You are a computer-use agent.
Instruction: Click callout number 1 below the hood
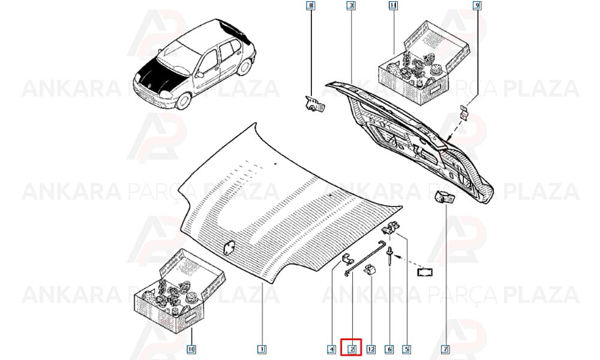click(262, 349)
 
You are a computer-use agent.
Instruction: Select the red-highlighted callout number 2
click(351, 349)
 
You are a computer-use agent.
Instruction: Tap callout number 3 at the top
click(351, 5)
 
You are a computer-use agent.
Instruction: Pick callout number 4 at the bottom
click(331, 349)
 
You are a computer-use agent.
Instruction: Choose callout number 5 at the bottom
click(406, 349)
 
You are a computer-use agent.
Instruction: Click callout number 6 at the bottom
click(389, 349)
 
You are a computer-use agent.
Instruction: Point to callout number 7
click(445, 349)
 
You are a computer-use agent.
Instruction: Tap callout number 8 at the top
click(311, 5)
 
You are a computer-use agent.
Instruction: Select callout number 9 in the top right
click(476, 5)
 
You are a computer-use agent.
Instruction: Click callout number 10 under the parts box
click(191, 349)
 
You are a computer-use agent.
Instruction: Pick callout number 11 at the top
click(393, 5)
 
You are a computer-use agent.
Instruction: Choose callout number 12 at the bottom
click(370, 349)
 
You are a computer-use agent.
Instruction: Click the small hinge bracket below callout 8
click(314, 104)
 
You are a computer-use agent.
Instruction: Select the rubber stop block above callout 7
click(444, 197)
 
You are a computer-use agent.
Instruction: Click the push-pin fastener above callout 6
click(389, 255)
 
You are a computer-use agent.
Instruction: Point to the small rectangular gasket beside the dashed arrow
click(425, 272)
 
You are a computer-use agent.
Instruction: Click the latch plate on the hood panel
click(230, 248)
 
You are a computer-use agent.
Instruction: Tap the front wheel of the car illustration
click(184, 100)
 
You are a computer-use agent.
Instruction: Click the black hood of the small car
click(160, 76)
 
